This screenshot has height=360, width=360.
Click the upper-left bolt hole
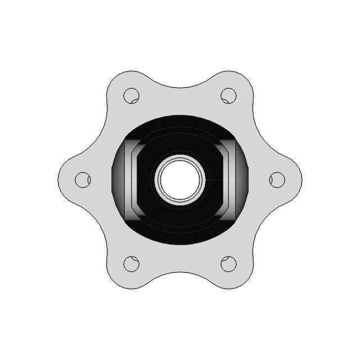131,96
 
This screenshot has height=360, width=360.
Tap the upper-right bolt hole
228,96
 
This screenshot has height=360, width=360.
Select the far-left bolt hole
83,179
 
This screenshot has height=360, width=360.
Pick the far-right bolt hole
277,179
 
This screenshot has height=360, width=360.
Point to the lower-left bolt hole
131,263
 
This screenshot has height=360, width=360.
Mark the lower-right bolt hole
228,263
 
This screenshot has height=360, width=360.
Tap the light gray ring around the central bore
180,156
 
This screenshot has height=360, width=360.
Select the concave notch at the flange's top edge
180,86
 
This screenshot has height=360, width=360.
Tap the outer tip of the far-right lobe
300,180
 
